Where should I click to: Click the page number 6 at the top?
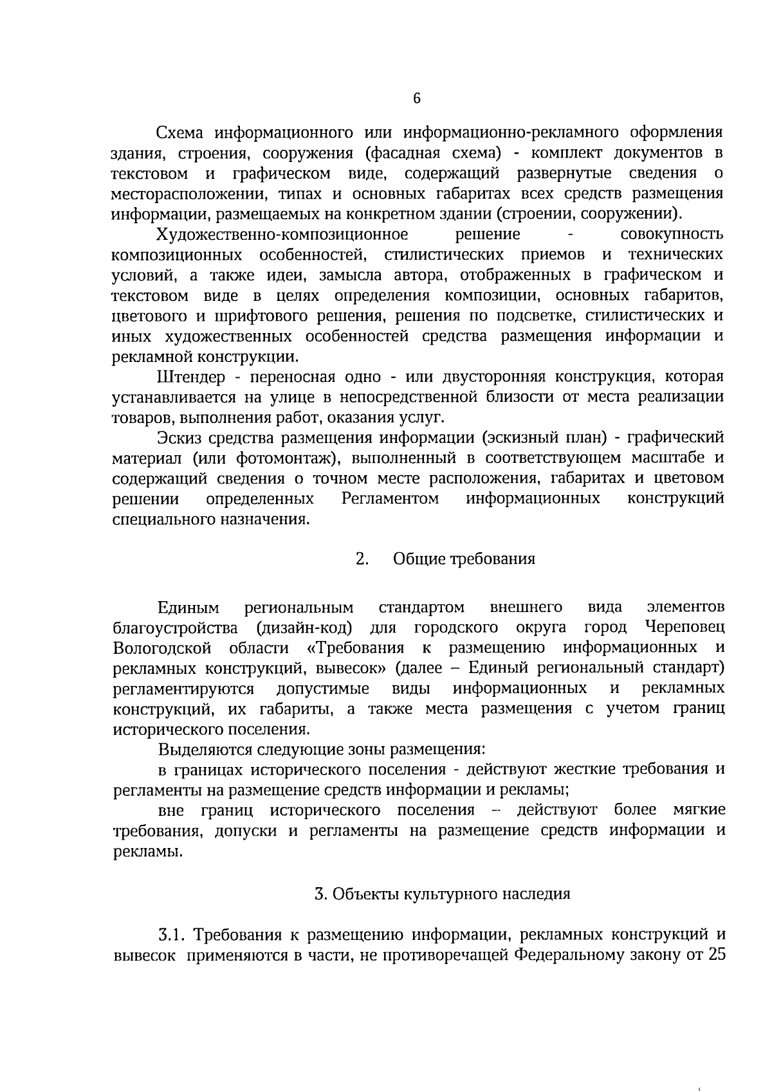(x=416, y=98)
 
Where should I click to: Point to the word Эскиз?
(x=177, y=438)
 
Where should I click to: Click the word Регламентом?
(x=391, y=499)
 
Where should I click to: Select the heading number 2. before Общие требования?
(x=362, y=559)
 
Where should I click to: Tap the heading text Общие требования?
(x=464, y=559)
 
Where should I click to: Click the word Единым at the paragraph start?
(x=188, y=608)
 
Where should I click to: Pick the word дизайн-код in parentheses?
(x=304, y=627)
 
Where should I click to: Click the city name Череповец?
(x=684, y=627)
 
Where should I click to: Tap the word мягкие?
(x=699, y=809)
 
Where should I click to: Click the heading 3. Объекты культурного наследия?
(x=443, y=894)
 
